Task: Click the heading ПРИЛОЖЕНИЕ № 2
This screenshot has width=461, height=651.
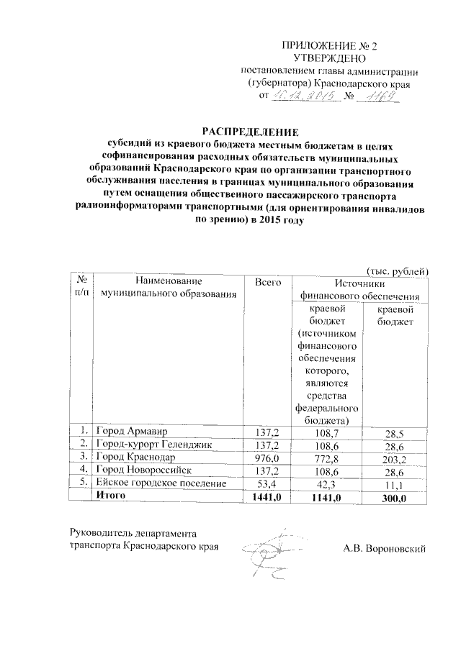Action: pyautogui.click(x=331, y=45)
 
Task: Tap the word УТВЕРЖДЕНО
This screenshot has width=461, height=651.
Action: pyautogui.click(x=331, y=58)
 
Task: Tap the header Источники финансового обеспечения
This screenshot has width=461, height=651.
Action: pyautogui.click(x=357, y=289)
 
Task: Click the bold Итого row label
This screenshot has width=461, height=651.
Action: pyautogui.click(x=111, y=496)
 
